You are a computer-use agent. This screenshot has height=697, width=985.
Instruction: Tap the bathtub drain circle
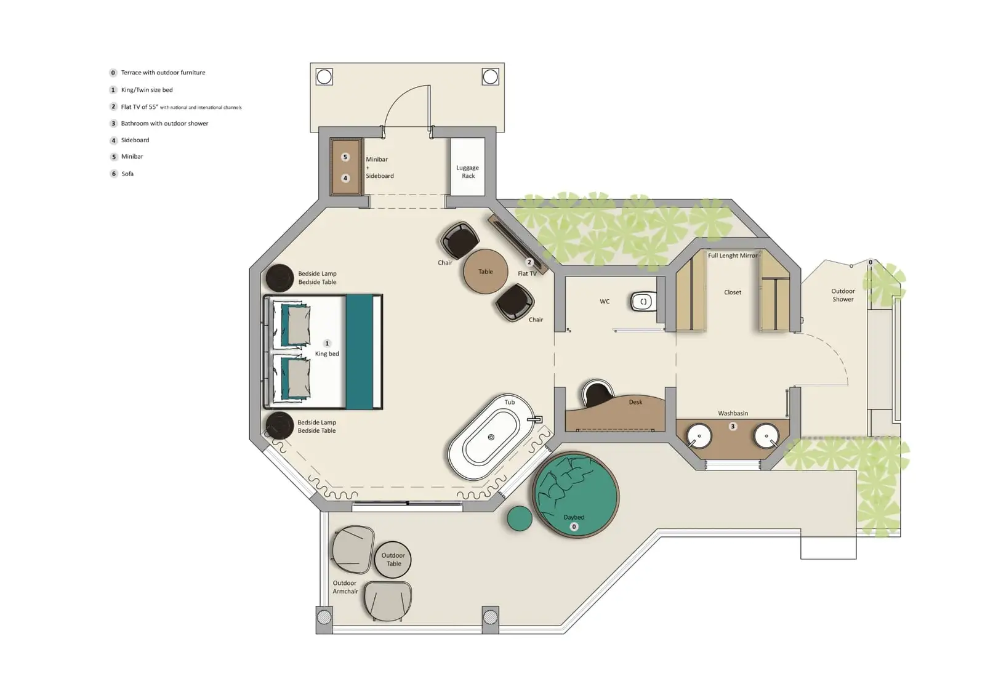[491, 437]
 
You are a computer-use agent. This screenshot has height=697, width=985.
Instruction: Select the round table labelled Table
[486, 272]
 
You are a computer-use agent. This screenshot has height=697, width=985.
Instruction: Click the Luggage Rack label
[468, 172]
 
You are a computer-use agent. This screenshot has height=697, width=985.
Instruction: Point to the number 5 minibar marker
[345, 157]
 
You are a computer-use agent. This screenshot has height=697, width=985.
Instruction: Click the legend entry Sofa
[127, 174]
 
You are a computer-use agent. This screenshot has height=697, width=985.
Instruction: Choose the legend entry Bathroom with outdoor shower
[164, 123]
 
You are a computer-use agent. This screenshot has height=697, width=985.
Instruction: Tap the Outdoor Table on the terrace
[393, 560]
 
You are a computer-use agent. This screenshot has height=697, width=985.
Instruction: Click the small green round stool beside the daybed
[520, 518]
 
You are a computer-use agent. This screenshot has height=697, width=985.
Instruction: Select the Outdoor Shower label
[843, 295]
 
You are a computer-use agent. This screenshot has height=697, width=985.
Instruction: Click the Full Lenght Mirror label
[733, 256]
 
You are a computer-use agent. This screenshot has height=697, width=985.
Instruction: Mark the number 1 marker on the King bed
[327, 344]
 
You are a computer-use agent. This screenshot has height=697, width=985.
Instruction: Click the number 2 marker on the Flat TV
[529, 262]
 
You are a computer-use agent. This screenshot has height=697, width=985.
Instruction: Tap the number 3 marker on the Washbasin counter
[733, 426]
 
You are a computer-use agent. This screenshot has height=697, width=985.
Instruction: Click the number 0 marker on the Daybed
[574, 526]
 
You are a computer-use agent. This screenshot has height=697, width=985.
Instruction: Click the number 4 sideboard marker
[345, 178]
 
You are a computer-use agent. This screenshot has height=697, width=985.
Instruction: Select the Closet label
[733, 292]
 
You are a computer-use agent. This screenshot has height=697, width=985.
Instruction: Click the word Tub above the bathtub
[510, 402]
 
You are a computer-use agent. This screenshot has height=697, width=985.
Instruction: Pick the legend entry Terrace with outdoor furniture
[163, 73]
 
